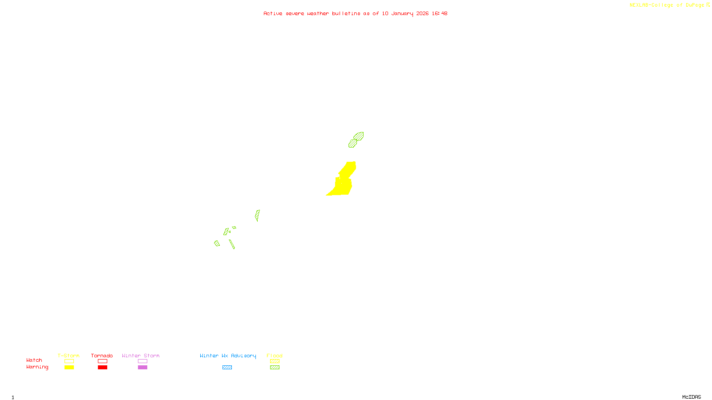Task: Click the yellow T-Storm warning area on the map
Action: click(x=344, y=184)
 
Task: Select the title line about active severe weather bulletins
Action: click(x=355, y=14)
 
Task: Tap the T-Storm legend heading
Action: click(x=69, y=356)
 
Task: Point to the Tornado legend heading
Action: click(x=102, y=356)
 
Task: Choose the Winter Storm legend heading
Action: click(x=141, y=356)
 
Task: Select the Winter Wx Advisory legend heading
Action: click(x=228, y=356)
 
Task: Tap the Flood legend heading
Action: click(x=275, y=356)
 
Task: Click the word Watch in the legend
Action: click(x=34, y=360)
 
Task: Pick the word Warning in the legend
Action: click(x=37, y=367)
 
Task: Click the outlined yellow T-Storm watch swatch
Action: click(x=69, y=361)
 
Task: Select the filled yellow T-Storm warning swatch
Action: click(x=69, y=368)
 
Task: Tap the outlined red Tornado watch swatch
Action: click(x=102, y=361)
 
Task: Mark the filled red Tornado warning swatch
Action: click(x=102, y=368)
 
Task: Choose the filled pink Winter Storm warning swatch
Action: click(x=142, y=368)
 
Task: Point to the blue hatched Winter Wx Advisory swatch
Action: click(x=227, y=368)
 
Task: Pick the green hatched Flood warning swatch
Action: click(x=275, y=368)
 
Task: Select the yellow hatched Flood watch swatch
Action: click(x=275, y=361)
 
